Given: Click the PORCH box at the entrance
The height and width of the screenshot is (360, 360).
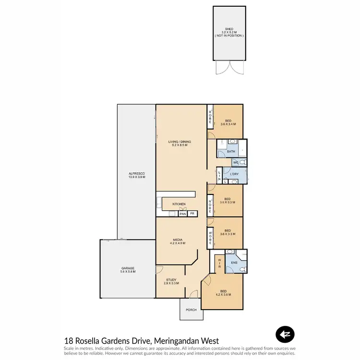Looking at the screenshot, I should coord(191,310).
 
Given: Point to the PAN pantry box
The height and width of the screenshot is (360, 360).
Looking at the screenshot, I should coord(182,214).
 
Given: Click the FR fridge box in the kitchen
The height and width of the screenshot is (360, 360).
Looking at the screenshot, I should coord(192,214).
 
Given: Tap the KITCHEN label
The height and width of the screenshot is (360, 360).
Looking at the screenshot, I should coord(179,204).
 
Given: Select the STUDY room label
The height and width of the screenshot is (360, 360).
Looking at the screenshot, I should coord(171,279).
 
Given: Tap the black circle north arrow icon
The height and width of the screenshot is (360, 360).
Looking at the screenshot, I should coord(285,335).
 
